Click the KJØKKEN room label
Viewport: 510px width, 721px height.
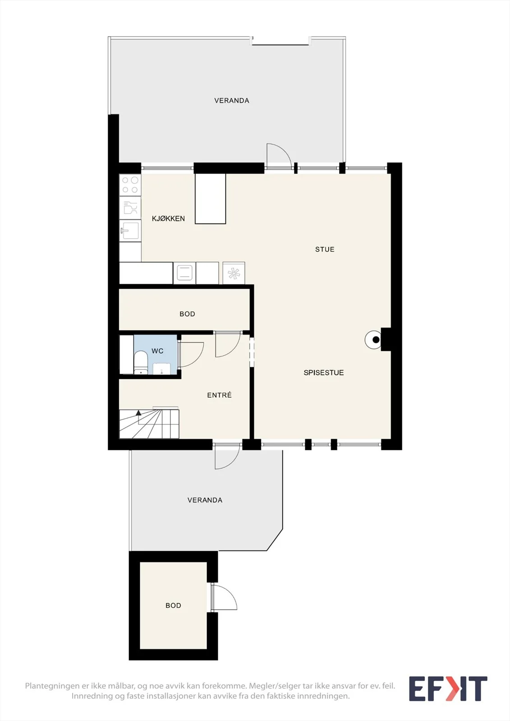coord(168,219)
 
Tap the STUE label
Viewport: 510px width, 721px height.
coord(325,249)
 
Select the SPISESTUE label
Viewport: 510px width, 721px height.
coord(323,372)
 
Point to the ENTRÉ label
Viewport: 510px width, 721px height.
coord(219,395)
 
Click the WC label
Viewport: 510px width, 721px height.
coord(157,351)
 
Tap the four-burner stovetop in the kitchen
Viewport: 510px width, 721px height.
coord(130,185)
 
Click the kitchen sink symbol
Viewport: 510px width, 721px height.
coord(130,230)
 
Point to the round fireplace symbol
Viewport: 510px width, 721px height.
coord(374,340)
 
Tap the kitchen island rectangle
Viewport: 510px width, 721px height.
coord(211,199)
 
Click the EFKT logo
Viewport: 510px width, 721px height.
coord(448,689)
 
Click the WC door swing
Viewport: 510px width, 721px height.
coord(191,354)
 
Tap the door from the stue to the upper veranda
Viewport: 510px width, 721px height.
coord(279,155)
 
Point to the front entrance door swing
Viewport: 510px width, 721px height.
coord(227,457)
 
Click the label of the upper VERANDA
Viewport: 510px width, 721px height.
coord(232,100)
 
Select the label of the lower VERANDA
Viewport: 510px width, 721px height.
coord(205,500)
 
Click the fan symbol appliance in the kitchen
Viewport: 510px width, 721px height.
coord(234,273)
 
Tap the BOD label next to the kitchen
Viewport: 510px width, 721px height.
coord(187,314)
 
